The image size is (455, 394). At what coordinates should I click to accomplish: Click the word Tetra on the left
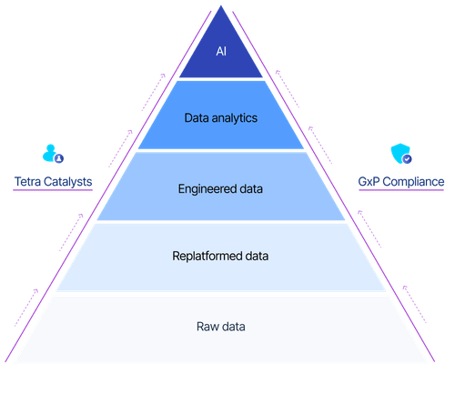point(27,182)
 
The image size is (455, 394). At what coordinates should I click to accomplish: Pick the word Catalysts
point(68,182)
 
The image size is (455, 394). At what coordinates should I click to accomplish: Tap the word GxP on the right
point(369,182)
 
